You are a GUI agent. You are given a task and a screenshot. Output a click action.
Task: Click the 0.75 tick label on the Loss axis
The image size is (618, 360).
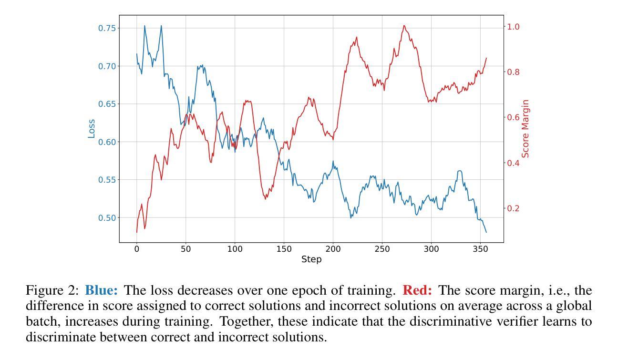pos(107,28)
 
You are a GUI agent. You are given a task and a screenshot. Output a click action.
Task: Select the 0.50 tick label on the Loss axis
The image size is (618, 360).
pos(107,218)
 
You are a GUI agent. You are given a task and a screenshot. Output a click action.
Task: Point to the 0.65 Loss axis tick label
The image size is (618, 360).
pos(107,104)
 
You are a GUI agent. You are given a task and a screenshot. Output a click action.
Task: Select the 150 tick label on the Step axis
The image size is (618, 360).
pos(284,249)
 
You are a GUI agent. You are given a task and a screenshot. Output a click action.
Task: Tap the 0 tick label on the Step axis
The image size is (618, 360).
pos(137,249)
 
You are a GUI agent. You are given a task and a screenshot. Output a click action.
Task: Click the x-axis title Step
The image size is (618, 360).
pos(311,259)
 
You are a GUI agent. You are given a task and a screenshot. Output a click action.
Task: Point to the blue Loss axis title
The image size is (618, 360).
pos(91,129)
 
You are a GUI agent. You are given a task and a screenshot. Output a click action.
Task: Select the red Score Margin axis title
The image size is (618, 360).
pos(525,129)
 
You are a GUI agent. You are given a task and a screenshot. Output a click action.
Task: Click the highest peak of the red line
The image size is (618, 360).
pos(404,26)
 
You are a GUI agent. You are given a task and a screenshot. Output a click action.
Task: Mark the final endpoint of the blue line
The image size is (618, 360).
pos(486,232)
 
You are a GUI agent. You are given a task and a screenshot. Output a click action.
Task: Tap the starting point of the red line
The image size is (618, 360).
pos(137,232)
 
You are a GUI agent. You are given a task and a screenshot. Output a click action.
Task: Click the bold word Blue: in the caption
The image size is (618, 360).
pos(102,290)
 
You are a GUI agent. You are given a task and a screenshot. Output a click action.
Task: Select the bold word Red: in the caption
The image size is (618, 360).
pos(417,290)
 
